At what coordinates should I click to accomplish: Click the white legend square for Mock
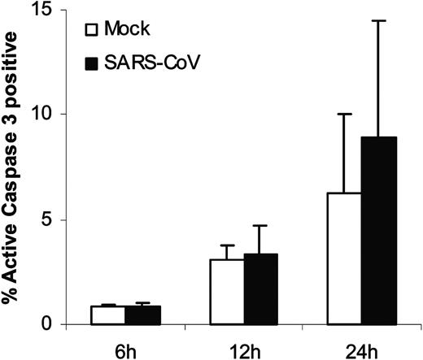pyautogui.click(x=93, y=31)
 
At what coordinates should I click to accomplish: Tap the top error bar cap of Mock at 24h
pyautogui.click(x=350, y=115)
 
